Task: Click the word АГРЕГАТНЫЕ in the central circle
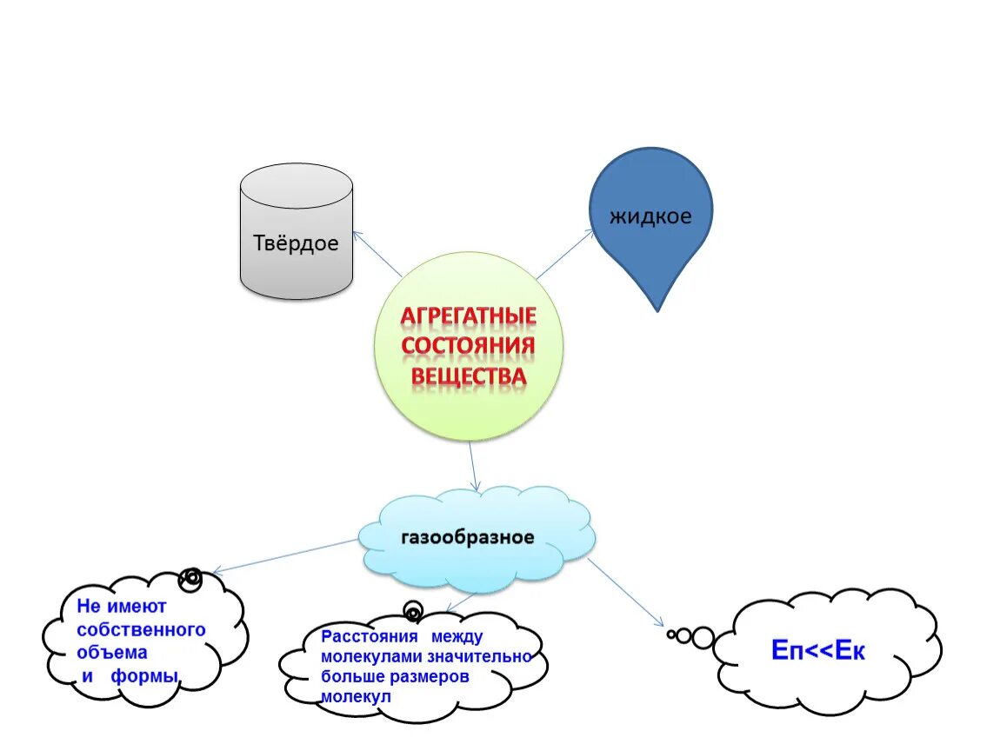coord(468,316)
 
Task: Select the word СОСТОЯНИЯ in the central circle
coord(468,347)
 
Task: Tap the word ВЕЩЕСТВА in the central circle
coord(468,376)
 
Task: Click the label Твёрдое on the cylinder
coord(296,243)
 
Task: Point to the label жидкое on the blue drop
coord(650,216)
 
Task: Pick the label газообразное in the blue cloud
coord(467,537)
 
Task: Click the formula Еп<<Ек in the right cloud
coord(818,651)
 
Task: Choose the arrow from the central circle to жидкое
coord(563,255)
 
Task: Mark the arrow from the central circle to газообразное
coord(473,467)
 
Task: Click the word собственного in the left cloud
coord(141,628)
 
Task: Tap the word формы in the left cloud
coord(145,676)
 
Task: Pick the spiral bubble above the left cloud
coord(190,577)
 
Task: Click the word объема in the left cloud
coord(112,652)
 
